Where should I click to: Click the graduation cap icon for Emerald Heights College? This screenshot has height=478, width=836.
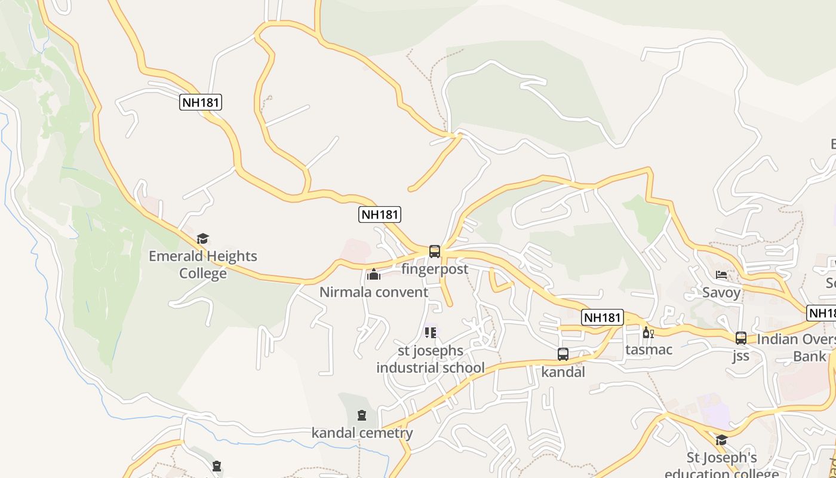(202, 239)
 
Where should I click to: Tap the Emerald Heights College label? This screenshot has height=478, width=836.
(203, 265)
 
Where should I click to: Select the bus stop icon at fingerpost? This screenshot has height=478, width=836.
(434, 252)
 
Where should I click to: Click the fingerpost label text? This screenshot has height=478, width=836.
(435, 269)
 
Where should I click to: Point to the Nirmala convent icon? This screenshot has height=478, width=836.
(374, 275)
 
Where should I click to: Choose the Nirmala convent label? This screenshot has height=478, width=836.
(374, 292)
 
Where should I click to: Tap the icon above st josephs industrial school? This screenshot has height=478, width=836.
(430, 332)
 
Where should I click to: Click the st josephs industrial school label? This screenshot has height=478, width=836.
(430, 359)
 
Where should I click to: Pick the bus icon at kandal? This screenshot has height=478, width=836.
(563, 354)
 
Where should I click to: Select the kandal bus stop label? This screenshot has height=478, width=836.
(563, 372)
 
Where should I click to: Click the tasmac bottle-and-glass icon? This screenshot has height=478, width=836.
(648, 332)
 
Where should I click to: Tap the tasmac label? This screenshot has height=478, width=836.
(648, 350)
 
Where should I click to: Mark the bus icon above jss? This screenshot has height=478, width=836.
(741, 338)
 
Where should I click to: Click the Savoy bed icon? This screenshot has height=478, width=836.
(721, 275)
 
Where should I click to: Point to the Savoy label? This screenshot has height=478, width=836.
(721, 292)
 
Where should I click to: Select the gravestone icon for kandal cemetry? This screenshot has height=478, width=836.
(361, 415)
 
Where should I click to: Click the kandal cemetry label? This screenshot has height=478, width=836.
(362, 433)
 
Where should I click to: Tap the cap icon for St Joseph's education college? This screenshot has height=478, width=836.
(721, 440)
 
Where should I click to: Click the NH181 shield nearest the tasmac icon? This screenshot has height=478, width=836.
(603, 317)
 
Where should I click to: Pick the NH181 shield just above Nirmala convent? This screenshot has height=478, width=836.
(380, 215)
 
